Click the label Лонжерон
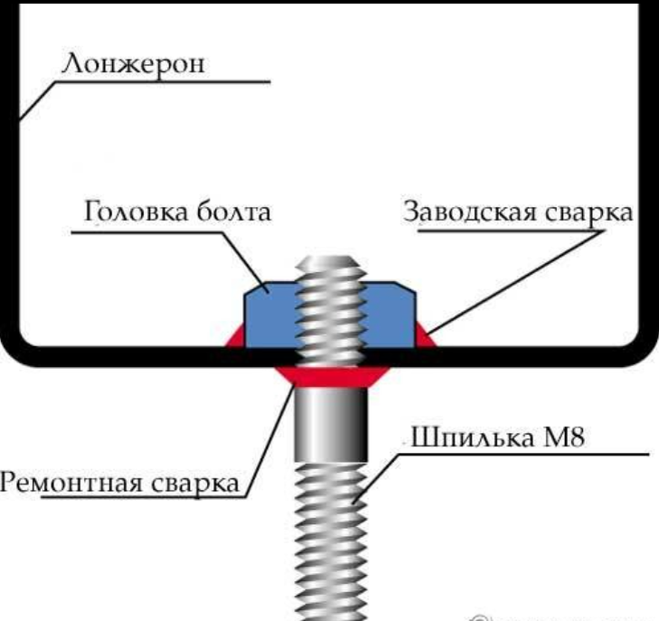(134, 65)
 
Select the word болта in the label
(235, 214)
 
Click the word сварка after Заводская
(588, 214)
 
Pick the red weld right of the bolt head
(424, 338)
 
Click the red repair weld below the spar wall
(330, 376)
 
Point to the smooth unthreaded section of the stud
(330, 425)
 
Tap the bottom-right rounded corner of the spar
(644, 348)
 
